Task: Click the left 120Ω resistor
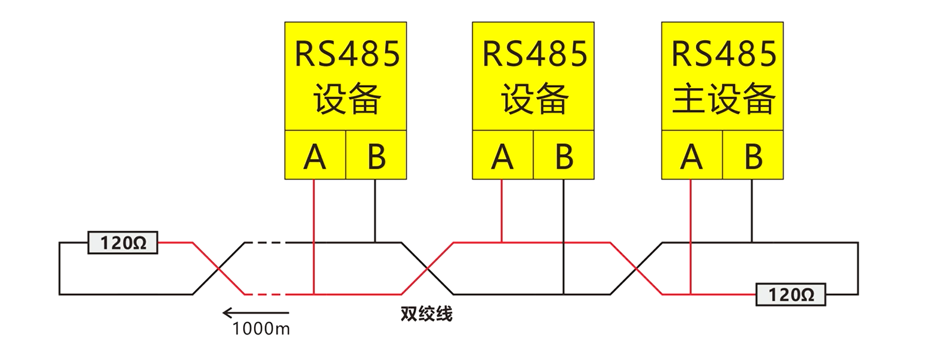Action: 122,242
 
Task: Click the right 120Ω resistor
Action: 790,294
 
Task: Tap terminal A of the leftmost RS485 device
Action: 315,155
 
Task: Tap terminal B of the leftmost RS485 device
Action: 376,155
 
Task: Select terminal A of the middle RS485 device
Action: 502,155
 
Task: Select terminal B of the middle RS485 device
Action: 564,155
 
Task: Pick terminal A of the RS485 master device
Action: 691,155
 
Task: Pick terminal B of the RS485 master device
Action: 753,155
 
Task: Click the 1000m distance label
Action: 261,329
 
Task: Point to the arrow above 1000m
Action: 255,314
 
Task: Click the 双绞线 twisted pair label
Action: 426,314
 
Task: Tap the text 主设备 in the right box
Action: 723,99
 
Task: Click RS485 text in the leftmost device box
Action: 347,54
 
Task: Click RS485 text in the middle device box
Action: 534,54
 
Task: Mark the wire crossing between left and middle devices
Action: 427,268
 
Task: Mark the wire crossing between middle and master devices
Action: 636,268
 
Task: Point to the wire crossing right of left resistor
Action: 219,268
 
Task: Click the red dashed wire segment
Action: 266,294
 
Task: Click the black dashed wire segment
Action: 266,242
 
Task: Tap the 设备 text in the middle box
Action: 534,99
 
